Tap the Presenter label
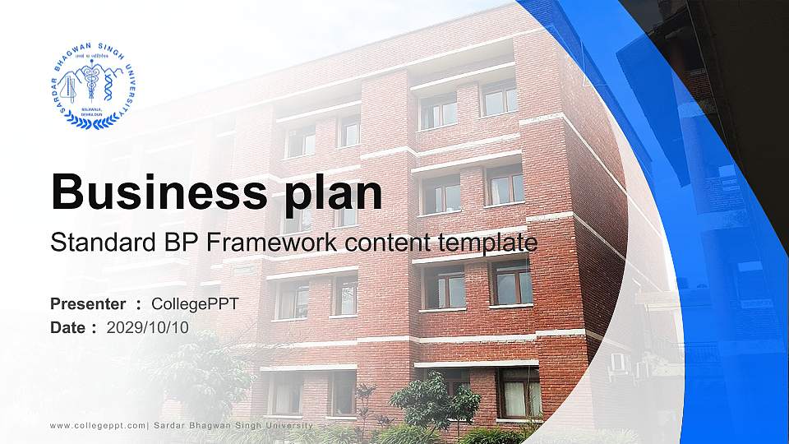[x=88, y=304]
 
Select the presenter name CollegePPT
[x=195, y=304]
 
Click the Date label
[x=68, y=327]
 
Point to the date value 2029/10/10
[x=148, y=327]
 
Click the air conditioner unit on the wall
[x=617, y=361]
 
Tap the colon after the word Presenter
[x=138, y=305]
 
